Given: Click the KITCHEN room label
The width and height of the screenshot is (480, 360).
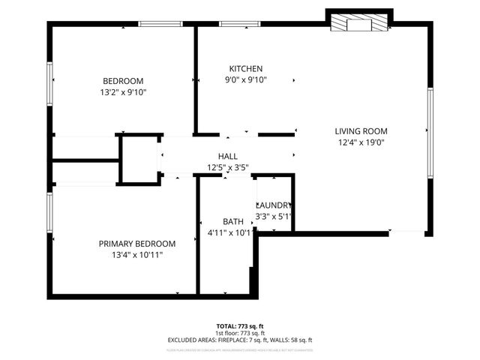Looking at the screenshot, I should click(246, 68).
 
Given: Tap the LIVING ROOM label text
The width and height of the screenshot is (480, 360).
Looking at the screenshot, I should click(361, 131).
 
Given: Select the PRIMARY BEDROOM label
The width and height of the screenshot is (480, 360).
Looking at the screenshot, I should click(137, 244).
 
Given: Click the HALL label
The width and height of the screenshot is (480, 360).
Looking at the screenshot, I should click(228, 156).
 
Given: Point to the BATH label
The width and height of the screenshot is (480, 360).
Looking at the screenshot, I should click(232, 221).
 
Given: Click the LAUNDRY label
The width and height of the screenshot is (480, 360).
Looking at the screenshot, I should click(274, 205).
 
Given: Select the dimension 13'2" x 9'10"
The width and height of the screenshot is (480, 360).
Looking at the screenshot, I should click(122, 92).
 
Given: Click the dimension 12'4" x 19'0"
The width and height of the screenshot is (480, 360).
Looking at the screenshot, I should click(361, 142).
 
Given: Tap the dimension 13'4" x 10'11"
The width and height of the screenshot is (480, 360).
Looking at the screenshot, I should click(137, 255).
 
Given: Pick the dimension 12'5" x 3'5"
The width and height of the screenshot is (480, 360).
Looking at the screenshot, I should click(228, 167).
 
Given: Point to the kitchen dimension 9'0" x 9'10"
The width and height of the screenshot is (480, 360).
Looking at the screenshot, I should click(246, 79).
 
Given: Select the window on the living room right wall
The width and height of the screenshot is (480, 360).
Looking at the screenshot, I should click(430, 133).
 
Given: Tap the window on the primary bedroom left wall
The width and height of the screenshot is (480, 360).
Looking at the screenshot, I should click(50, 214).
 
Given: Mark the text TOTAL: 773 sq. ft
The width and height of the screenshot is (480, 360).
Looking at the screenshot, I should click(239, 326).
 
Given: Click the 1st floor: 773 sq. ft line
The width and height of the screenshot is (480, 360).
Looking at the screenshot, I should click(239, 333).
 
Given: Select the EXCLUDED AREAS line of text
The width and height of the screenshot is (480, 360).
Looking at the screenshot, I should click(239, 340).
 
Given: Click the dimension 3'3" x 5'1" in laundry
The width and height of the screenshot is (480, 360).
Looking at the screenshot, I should click(274, 216).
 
